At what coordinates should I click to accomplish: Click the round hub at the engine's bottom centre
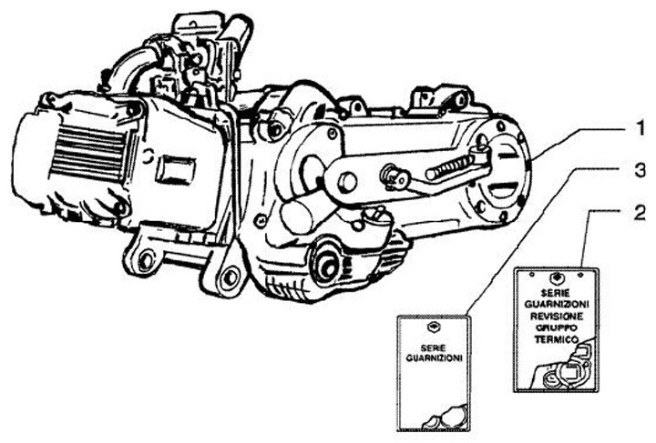coord(325,265)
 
